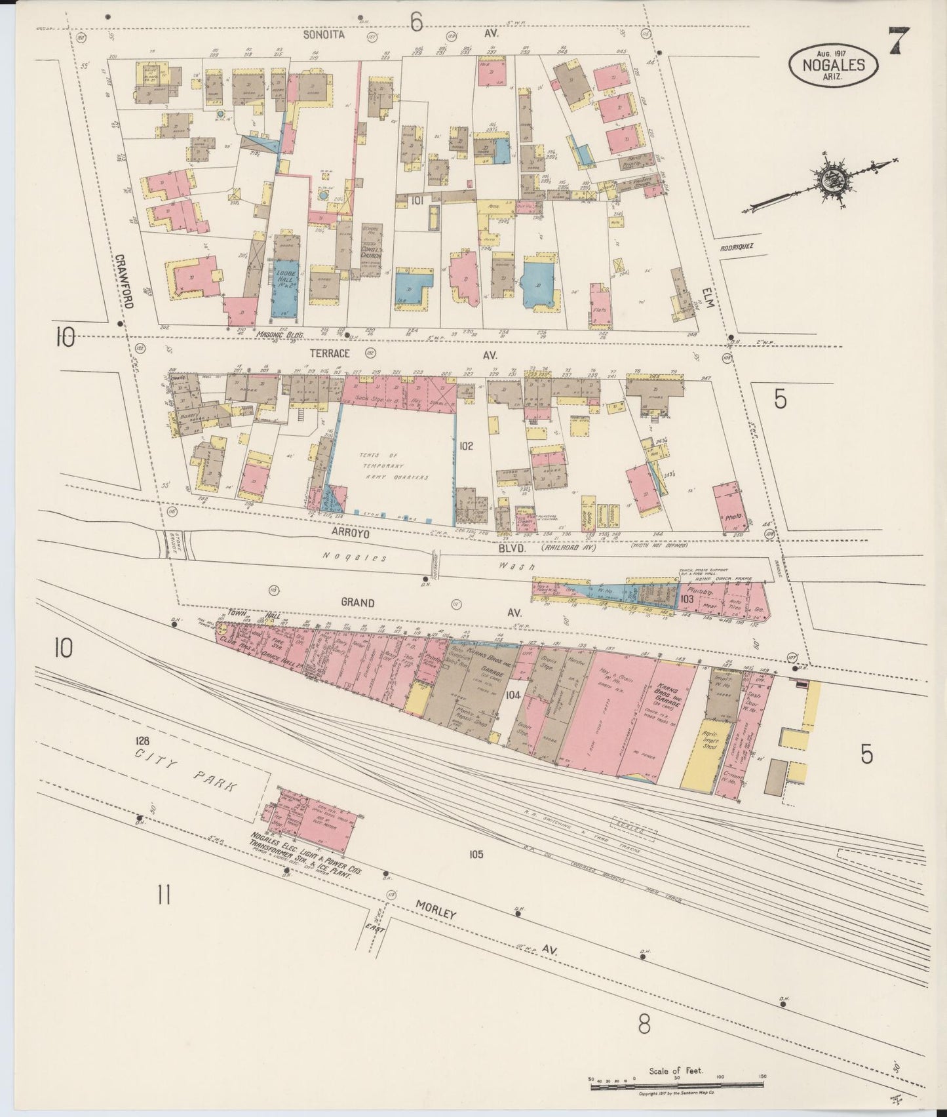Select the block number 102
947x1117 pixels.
coord(466,446)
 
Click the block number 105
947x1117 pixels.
coord(475,854)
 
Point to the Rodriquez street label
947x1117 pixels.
coord(738,247)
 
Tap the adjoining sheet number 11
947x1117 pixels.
coord(164,894)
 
